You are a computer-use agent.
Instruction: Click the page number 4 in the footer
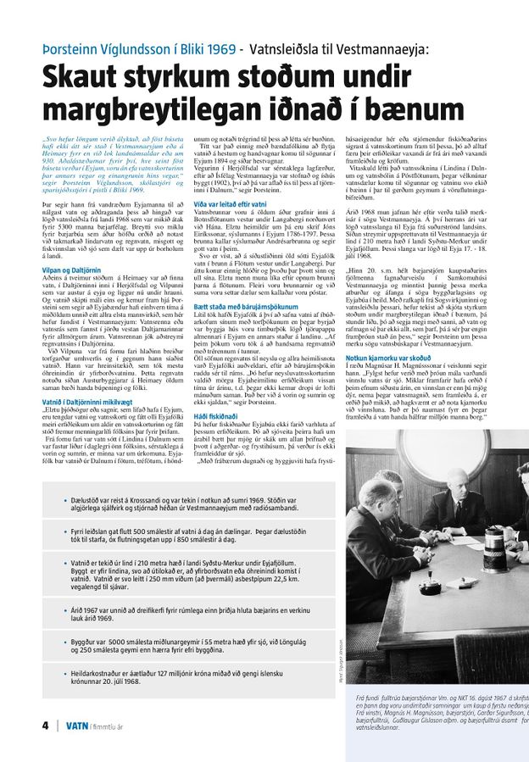click(x=45, y=726)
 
